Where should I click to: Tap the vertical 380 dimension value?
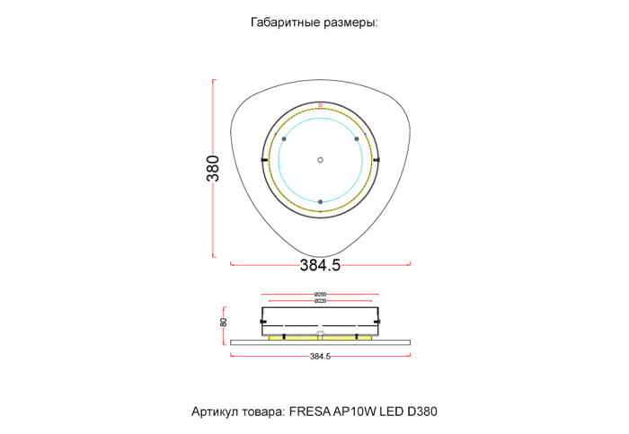[x=213, y=169]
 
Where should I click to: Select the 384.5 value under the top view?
[x=320, y=265]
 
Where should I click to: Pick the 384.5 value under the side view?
[x=321, y=357]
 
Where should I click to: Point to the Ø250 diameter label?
[x=320, y=295]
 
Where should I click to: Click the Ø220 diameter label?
[x=320, y=301]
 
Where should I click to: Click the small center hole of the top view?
[x=320, y=160]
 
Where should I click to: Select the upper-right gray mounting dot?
[x=357, y=139]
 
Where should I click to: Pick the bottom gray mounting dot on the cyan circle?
[x=320, y=201]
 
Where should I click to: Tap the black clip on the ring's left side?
[x=263, y=160]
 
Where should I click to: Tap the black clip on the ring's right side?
[x=377, y=160]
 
